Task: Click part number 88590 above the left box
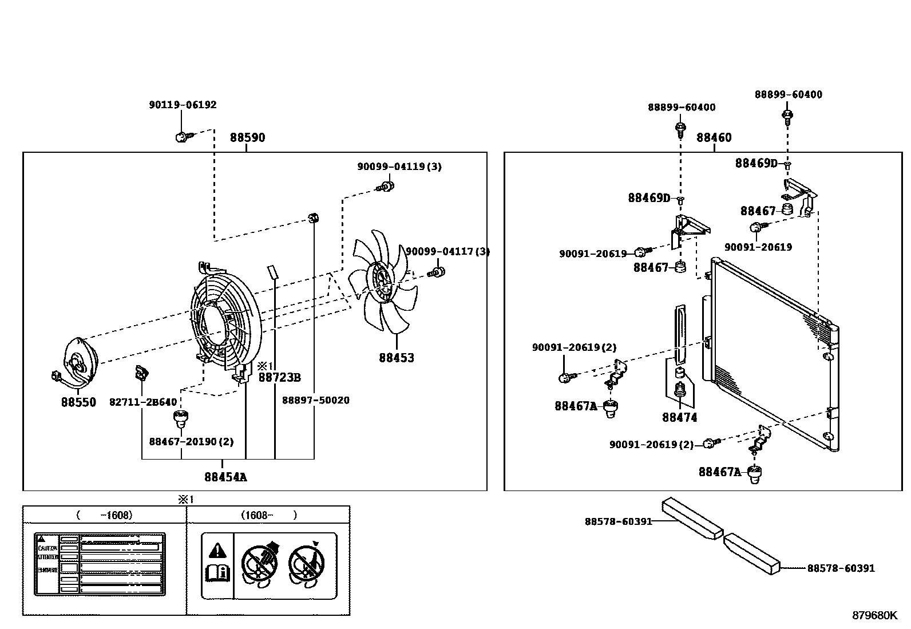coord(247,138)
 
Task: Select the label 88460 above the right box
coord(714,138)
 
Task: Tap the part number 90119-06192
coord(183,105)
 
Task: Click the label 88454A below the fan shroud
coord(225,477)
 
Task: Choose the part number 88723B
coord(279,377)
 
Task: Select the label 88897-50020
coord(315,400)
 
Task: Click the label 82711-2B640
coord(143,402)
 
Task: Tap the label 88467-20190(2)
coord(191,442)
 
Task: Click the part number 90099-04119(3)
coord(399,167)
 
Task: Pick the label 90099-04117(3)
coord(447,251)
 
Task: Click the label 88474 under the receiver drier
coord(679,418)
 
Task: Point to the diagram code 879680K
coord(874,615)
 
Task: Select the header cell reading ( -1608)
coord(104,515)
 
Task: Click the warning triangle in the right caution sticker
coord(217,551)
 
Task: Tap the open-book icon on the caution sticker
coord(217,573)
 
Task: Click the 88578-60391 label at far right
coord(840,568)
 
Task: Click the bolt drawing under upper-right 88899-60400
coord(787,117)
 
